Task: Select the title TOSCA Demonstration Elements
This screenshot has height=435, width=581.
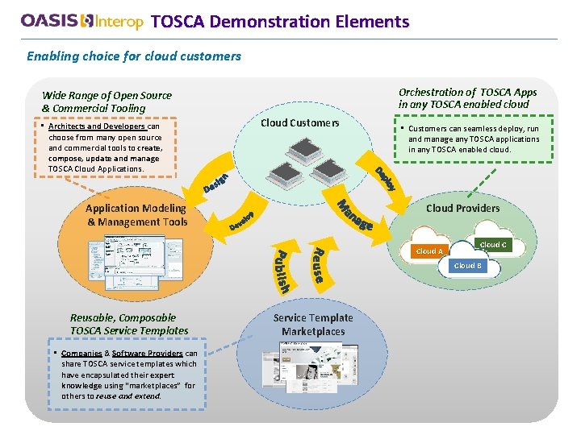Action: [x=279, y=22]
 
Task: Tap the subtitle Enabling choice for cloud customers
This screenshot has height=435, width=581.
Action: [x=134, y=56]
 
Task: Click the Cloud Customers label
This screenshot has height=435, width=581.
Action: [x=299, y=123]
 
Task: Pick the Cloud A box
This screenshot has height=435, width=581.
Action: [x=428, y=251]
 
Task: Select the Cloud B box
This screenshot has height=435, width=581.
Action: [x=467, y=266]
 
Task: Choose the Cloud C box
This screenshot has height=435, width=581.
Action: [x=492, y=244]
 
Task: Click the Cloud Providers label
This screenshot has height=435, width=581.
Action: [x=462, y=208]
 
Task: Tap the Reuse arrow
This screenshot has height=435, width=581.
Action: [x=318, y=262]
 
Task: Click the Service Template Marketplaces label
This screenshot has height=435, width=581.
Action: [x=313, y=325]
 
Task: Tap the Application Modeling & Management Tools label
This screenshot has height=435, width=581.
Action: [x=137, y=215]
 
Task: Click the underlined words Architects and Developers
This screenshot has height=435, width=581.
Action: [x=97, y=126]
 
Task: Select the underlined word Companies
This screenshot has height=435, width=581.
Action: [x=82, y=354]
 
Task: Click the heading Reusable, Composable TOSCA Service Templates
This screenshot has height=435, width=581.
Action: [x=129, y=324]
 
